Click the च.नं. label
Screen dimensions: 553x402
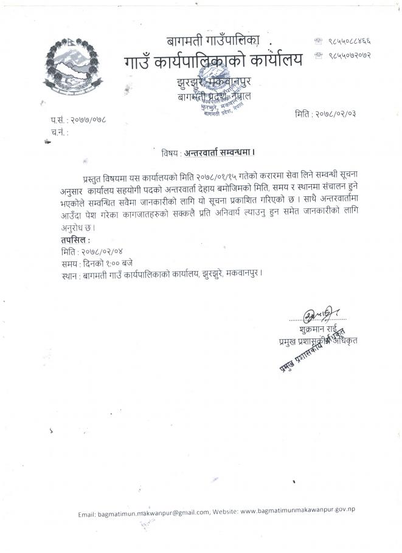60,131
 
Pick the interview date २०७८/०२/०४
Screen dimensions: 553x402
92,252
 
